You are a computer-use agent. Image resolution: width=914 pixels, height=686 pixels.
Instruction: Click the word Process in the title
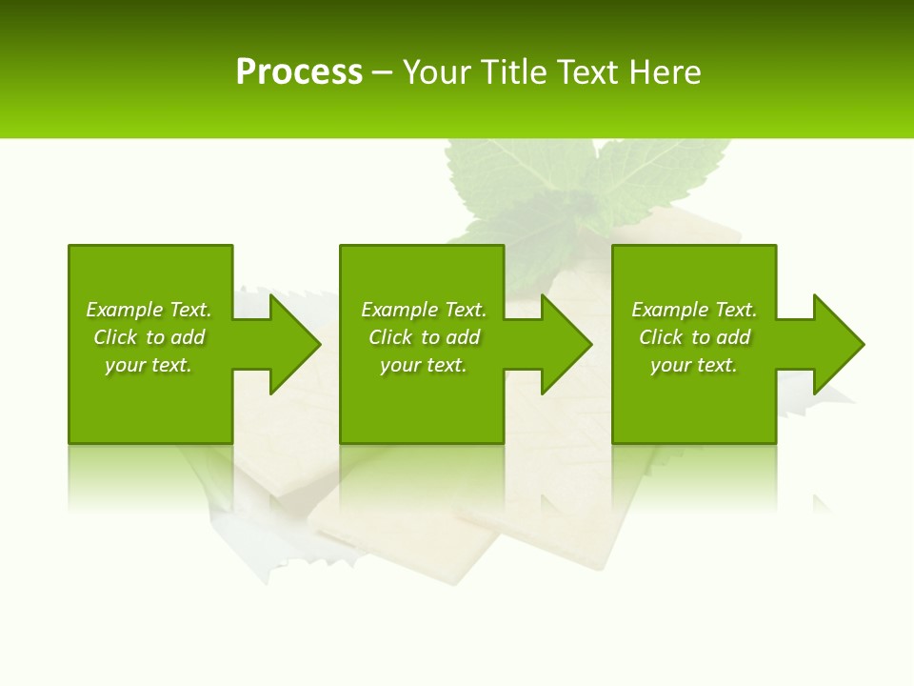(299, 72)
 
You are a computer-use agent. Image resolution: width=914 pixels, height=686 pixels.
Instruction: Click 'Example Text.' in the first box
(149, 310)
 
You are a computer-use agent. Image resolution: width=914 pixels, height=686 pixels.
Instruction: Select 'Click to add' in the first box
(149, 337)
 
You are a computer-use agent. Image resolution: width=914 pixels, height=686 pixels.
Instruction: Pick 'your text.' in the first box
(149, 365)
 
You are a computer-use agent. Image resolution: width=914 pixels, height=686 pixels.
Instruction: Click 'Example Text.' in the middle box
(423, 310)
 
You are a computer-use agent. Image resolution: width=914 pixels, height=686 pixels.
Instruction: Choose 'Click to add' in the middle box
(423, 337)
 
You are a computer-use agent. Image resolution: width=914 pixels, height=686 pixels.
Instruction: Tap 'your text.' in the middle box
(423, 365)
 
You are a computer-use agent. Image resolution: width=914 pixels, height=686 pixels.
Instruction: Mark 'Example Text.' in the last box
(694, 310)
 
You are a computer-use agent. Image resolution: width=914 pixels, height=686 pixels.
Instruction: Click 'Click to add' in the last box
(694, 337)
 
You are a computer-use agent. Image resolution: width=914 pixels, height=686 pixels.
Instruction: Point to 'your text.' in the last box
(694, 365)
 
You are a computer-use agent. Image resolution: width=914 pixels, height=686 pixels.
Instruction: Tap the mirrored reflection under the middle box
(422, 476)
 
